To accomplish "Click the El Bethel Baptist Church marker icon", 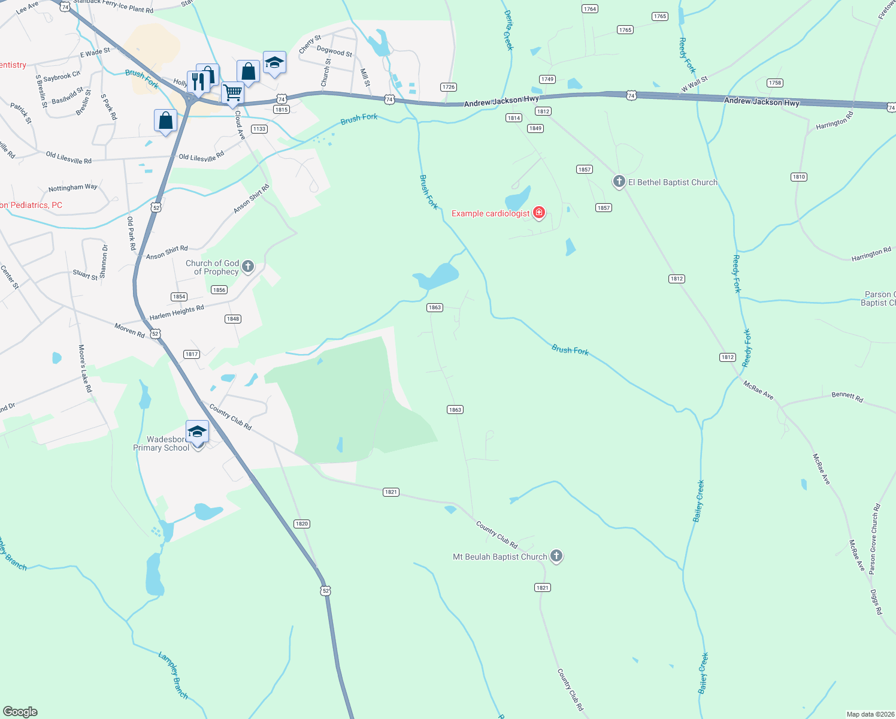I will click(619, 181).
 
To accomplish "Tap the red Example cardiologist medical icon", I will click(539, 213).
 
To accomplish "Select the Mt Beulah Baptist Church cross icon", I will click(556, 556).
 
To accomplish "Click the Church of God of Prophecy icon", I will click(248, 267).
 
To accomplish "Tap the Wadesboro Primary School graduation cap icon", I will click(197, 431).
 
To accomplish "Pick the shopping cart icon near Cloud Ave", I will click(232, 93).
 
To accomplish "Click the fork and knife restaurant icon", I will click(198, 81).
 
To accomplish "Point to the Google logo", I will click(20, 712).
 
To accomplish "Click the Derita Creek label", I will click(508, 30).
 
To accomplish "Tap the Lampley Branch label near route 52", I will click(173, 675).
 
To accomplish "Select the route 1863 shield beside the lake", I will click(434, 307).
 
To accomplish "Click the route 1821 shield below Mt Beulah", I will click(543, 587).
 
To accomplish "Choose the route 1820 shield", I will click(302, 524).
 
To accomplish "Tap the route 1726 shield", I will click(449, 87).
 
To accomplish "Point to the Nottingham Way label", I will click(72, 188).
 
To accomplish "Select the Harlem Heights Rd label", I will click(177, 312).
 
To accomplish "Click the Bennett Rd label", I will click(847, 396).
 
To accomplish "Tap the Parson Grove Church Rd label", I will click(874, 539).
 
